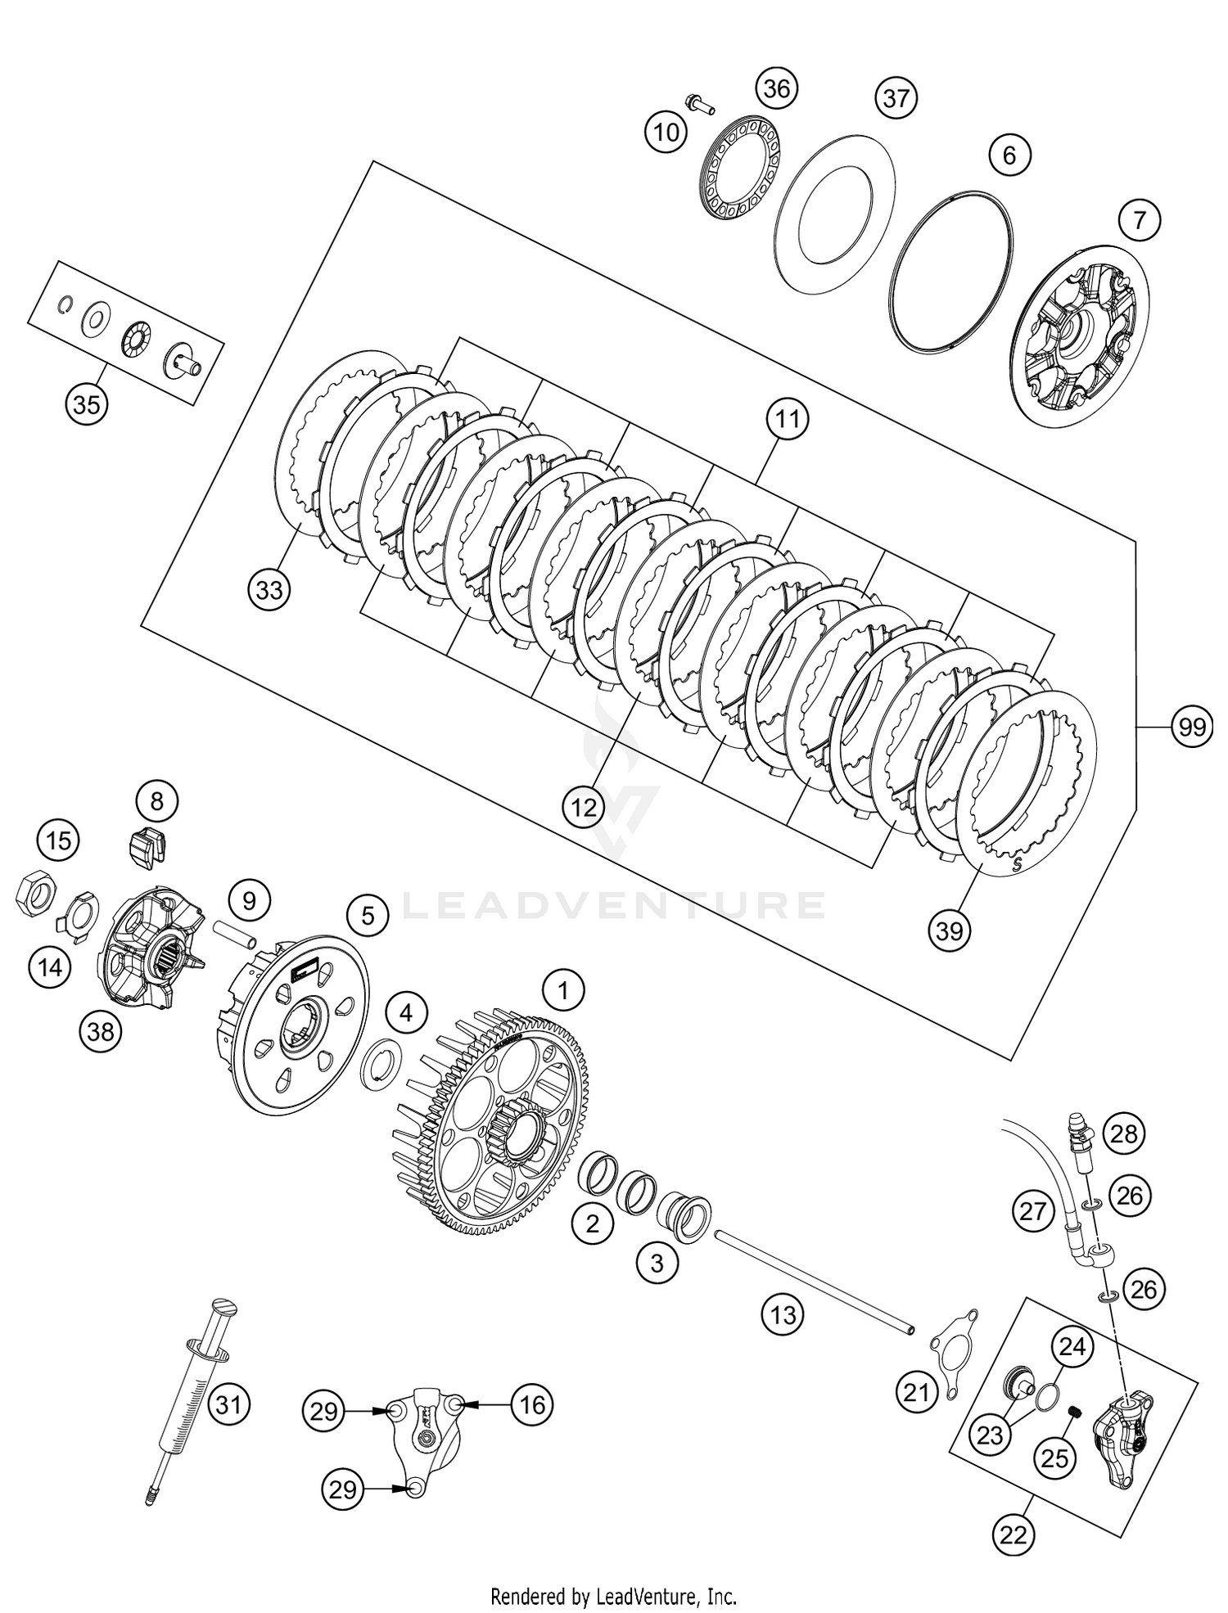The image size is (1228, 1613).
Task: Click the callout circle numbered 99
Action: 1191,727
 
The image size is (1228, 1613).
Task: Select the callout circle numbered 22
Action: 1012,1534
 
